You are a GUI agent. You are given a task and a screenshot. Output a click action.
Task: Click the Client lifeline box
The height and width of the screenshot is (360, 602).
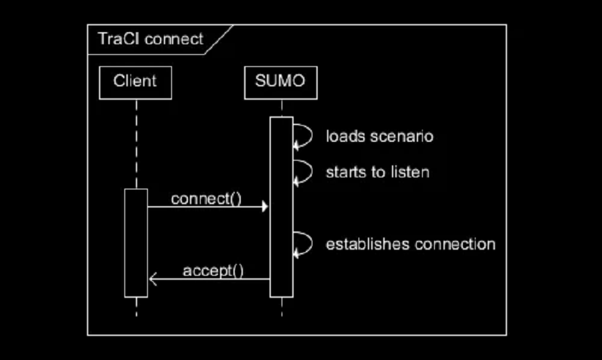coord(135,82)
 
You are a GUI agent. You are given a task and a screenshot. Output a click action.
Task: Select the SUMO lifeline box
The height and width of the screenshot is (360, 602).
coord(280,82)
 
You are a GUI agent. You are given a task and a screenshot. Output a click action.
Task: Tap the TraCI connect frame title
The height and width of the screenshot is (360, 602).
coord(150,39)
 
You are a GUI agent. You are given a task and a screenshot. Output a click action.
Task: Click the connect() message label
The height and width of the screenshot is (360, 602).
coord(205,199)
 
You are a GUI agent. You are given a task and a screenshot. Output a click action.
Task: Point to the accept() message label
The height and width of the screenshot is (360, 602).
coord(213,271)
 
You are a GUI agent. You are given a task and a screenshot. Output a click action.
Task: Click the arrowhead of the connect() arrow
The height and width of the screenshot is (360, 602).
coord(265,207)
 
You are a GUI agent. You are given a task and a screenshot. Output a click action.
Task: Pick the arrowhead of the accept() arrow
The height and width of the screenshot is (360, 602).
coord(152,279)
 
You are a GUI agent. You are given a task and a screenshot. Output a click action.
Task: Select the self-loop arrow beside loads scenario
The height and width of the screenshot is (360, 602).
coord(304,135)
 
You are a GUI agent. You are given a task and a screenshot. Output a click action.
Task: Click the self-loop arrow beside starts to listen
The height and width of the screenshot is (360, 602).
coord(304,172)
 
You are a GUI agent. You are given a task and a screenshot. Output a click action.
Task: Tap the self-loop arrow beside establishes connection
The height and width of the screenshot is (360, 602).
coord(304,244)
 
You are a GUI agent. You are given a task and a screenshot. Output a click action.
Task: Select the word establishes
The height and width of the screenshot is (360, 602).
coord(367,244)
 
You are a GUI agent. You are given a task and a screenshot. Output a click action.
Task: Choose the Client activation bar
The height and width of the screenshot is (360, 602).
coord(136,242)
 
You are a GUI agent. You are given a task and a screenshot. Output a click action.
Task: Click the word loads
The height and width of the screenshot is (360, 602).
coord(344,137)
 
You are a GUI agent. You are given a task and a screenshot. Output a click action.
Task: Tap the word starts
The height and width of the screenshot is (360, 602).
coord(345,172)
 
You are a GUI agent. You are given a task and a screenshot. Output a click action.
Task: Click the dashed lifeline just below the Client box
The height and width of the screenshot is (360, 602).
coord(136,134)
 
